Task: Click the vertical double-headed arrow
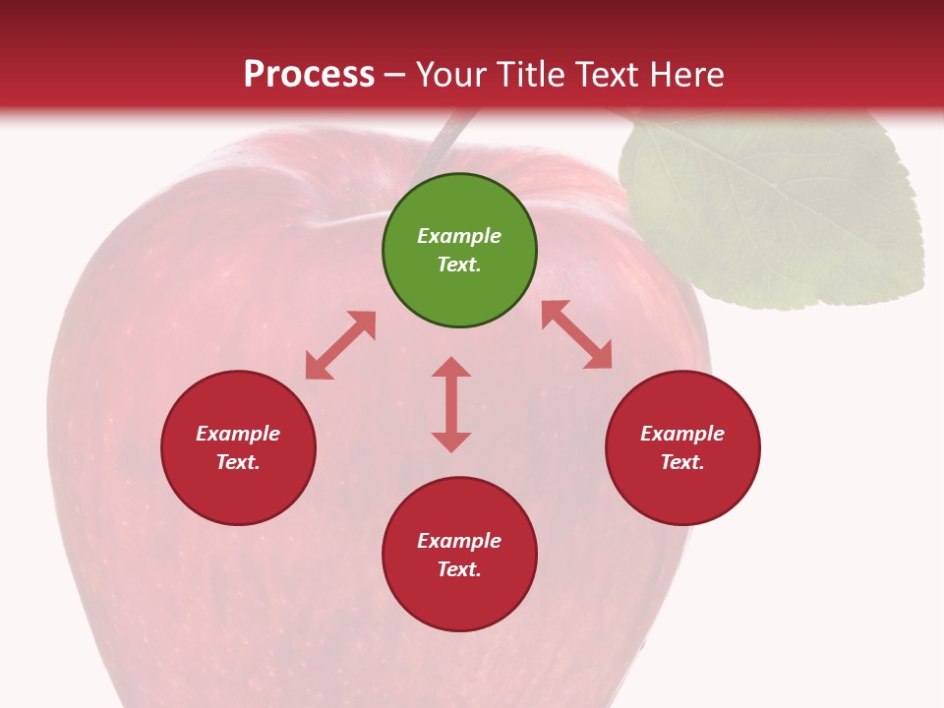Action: tap(451, 404)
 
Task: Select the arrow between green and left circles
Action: tap(340, 345)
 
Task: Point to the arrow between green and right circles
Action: tap(576, 334)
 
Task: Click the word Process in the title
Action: tap(309, 75)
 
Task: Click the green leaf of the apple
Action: tap(777, 211)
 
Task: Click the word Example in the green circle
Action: tap(459, 236)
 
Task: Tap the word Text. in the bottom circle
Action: tap(459, 569)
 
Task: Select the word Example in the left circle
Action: tap(238, 434)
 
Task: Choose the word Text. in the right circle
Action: tap(682, 462)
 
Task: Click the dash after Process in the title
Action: tap(395, 75)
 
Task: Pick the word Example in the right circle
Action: tap(682, 434)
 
